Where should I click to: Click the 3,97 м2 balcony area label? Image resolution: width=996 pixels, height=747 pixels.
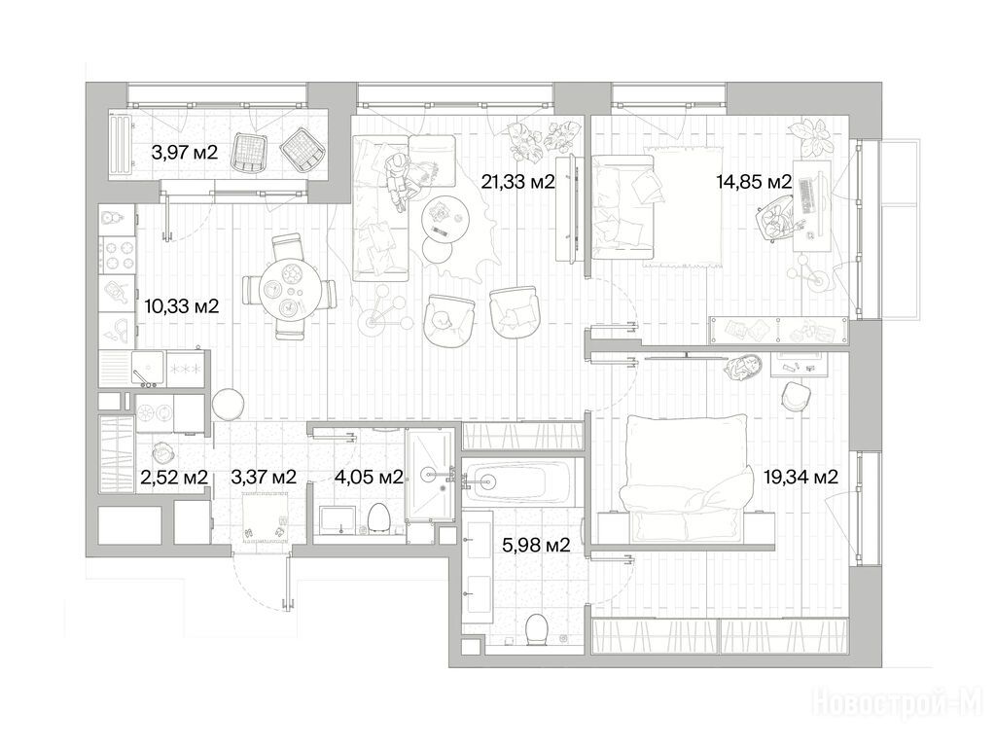tap(184, 153)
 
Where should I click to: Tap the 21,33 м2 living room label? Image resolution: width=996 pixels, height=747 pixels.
tap(517, 182)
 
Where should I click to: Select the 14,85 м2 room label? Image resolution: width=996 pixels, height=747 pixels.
tap(754, 182)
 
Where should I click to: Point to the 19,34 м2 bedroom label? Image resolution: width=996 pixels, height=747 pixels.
tap(800, 477)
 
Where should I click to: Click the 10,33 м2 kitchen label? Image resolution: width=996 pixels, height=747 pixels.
tap(182, 306)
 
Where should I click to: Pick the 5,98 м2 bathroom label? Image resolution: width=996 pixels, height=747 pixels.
tap(536, 545)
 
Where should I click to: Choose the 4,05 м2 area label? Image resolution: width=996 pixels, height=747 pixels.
tap(369, 477)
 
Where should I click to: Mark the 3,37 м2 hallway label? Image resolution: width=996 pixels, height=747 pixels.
tap(264, 477)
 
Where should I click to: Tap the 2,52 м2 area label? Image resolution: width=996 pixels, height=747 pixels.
tap(174, 477)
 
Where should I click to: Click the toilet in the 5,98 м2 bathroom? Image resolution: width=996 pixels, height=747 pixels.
tap(537, 629)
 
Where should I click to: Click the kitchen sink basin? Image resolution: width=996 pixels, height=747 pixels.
tap(148, 369)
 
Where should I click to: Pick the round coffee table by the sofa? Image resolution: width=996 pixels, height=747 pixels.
tap(445, 217)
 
